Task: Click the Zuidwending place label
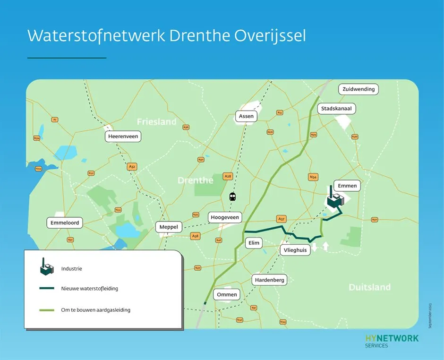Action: tap(359, 89)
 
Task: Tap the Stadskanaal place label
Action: tap(336, 109)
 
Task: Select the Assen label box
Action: tap(246, 116)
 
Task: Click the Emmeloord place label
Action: tap(65, 223)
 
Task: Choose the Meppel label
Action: tap(169, 227)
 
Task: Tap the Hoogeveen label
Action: tap(225, 218)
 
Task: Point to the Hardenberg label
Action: tap(270, 280)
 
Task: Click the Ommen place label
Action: tap(227, 295)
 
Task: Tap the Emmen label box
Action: tap(347, 186)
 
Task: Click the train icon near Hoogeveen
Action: tap(232, 197)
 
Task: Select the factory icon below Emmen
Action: tap(335, 200)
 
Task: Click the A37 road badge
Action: tap(282, 219)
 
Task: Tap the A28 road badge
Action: tap(228, 176)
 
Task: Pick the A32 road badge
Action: tap(132, 167)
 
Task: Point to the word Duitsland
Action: tap(369, 287)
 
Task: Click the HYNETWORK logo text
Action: tap(392, 338)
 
